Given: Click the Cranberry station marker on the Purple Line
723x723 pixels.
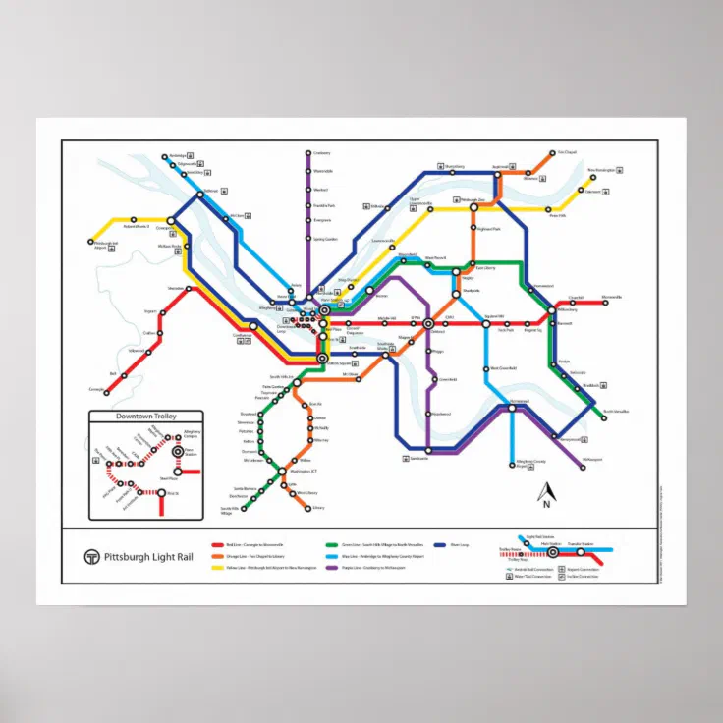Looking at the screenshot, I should [x=308, y=153].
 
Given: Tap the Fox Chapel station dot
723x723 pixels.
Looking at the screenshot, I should [x=553, y=153].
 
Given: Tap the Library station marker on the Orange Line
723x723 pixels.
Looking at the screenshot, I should [x=308, y=508].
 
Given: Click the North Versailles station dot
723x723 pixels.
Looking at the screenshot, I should [x=598, y=412].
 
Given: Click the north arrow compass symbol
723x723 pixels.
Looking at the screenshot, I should [x=546, y=490].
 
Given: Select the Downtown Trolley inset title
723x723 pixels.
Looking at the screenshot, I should [x=145, y=417].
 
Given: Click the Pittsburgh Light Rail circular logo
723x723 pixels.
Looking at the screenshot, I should [x=91, y=557].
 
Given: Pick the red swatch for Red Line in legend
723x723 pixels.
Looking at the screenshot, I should [x=218, y=542].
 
